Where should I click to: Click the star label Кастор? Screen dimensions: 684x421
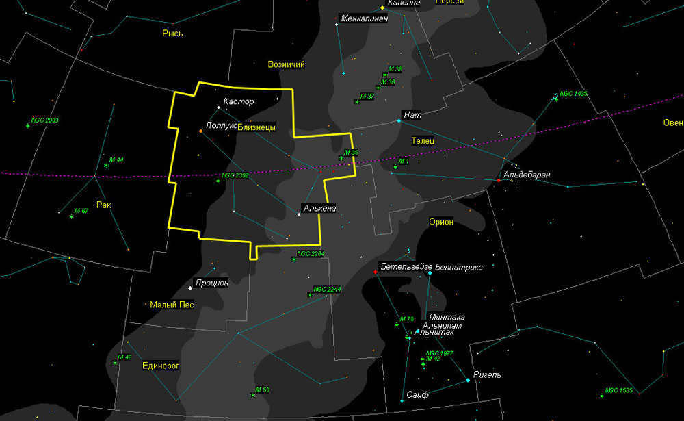[x=239, y=102]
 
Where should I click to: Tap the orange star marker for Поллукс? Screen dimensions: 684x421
[x=200, y=131]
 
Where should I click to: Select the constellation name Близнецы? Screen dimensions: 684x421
[x=256, y=127]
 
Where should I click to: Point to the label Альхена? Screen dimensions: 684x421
[x=319, y=208]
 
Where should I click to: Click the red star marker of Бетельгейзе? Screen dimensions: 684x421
[x=375, y=272]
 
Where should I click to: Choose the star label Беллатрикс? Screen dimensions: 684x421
[x=459, y=267]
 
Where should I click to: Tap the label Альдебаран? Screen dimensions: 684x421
[x=527, y=175]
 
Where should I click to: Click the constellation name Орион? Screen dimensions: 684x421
[x=441, y=222]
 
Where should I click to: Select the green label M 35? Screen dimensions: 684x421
[x=351, y=153]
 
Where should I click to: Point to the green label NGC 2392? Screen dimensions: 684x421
[x=235, y=176]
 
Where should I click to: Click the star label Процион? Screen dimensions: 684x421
[x=212, y=283]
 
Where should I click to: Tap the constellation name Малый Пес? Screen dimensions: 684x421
[x=172, y=305]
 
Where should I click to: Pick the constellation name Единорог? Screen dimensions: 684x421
[x=160, y=366]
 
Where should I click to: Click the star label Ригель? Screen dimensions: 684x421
[x=488, y=375]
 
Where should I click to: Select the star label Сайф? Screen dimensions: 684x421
[x=417, y=395]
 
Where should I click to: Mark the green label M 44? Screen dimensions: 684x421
[x=116, y=160]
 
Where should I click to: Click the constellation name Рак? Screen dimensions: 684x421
[x=103, y=205]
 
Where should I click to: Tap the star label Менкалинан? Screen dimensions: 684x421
[x=365, y=18]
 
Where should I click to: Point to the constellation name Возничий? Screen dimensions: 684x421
[x=287, y=64]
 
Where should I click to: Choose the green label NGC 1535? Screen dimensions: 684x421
[x=620, y=390]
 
